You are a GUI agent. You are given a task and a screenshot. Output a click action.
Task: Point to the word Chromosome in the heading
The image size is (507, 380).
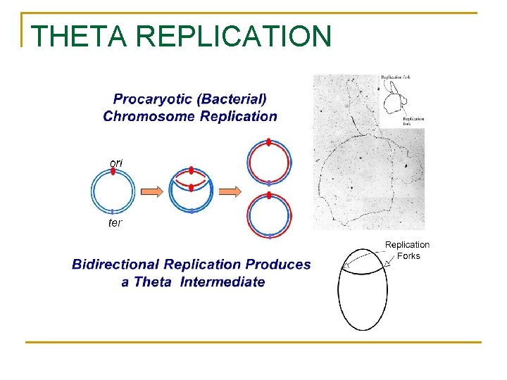pos(149,117)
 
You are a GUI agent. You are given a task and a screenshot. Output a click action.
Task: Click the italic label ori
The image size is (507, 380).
pos(116,163)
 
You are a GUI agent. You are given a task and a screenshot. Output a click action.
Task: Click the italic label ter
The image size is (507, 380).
pos(115,223)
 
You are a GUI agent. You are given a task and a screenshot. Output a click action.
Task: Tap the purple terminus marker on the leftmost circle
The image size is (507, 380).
pos(113,211)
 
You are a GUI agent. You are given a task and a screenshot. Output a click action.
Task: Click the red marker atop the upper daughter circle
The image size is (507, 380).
pos(268,142)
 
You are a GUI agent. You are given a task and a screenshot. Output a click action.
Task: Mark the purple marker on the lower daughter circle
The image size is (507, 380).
pos(268,236)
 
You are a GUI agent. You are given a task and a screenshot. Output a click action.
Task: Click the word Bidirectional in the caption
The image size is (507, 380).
pos(115,265)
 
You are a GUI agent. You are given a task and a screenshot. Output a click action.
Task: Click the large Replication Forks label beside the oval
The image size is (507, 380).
pos(407,251)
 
